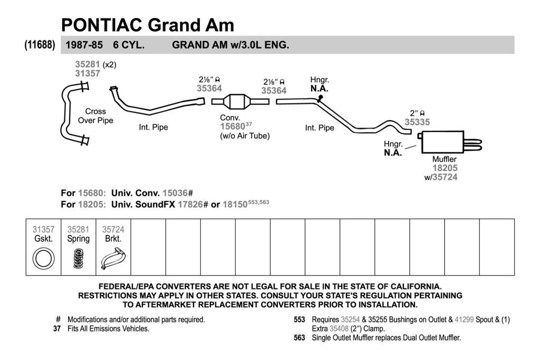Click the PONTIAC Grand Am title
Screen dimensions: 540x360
coord(148,25)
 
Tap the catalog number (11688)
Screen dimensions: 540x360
coord(40,45)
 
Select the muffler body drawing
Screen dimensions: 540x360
coord(442,142)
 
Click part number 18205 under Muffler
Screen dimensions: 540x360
coord(445,168)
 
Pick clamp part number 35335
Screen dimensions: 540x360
coord(417,122)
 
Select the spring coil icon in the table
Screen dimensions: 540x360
coord(79,259)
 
